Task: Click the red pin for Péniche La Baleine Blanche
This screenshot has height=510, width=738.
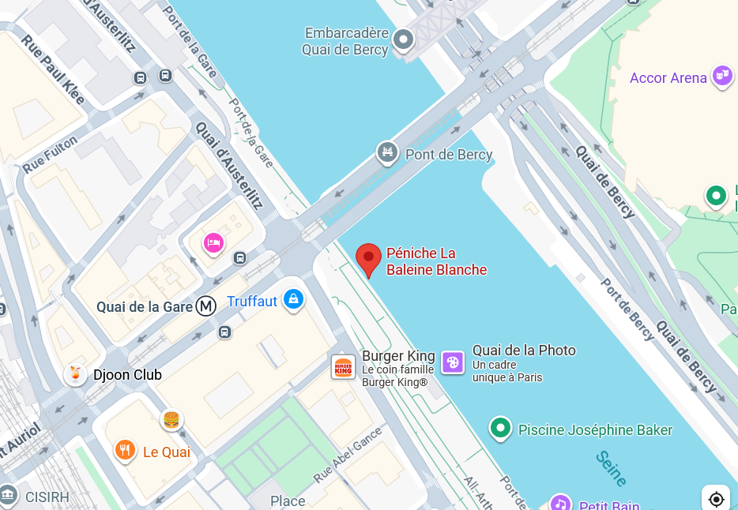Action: (x=368, y=259)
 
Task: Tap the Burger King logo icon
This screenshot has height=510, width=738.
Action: (x=344, y=367)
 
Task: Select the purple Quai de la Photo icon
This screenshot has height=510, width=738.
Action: (x=453, y=362)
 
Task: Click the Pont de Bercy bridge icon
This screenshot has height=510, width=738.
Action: (x=387, y=152)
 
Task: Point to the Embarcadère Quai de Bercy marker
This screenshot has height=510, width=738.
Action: (x=404, y=39)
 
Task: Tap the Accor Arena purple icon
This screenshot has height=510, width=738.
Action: (x=721, y=77)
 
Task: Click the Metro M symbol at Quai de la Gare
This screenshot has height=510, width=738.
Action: (x=207, y=306)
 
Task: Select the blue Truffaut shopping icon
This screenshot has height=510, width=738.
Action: (x=293, y=299)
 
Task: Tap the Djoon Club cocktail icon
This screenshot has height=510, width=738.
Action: (x=75, y=374)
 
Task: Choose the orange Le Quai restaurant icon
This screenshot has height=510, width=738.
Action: (x=124, y=450)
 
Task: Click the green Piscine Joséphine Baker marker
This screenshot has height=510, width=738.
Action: (x=499, y=429)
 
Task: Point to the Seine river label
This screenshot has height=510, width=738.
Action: (x=612, y=469)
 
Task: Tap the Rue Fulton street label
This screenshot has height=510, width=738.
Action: (x=50, y=155)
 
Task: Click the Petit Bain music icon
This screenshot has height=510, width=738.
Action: (x=560, y=503)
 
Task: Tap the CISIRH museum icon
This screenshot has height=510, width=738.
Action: (x=8, y=494)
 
